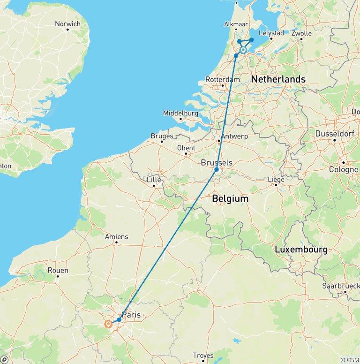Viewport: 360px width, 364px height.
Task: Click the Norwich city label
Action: [x=67, y=24]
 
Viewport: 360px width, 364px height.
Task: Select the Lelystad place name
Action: [x=271, y=33]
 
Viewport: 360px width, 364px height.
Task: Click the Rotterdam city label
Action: [x=222, y=79]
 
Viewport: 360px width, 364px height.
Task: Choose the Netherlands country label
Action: [x=278, y=79]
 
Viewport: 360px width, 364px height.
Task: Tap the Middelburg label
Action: [x=180, y=113]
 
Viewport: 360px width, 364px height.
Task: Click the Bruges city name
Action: [x=162, y=136]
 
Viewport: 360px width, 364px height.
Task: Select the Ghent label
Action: [x=186, y=148]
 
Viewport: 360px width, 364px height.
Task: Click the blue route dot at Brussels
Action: [x=217, y=169]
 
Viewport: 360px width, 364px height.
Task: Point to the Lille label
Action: [x=154, y=180]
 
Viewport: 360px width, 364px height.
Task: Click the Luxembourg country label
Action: [x=301, y=250]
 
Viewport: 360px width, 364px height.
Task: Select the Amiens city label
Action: [x=116, y=237]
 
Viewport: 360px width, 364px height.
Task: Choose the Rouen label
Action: [x=58, y=270]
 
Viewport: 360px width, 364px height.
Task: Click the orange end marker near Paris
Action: [x=109, y=324]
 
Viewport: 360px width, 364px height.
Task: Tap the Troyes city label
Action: [x=203, y=356]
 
